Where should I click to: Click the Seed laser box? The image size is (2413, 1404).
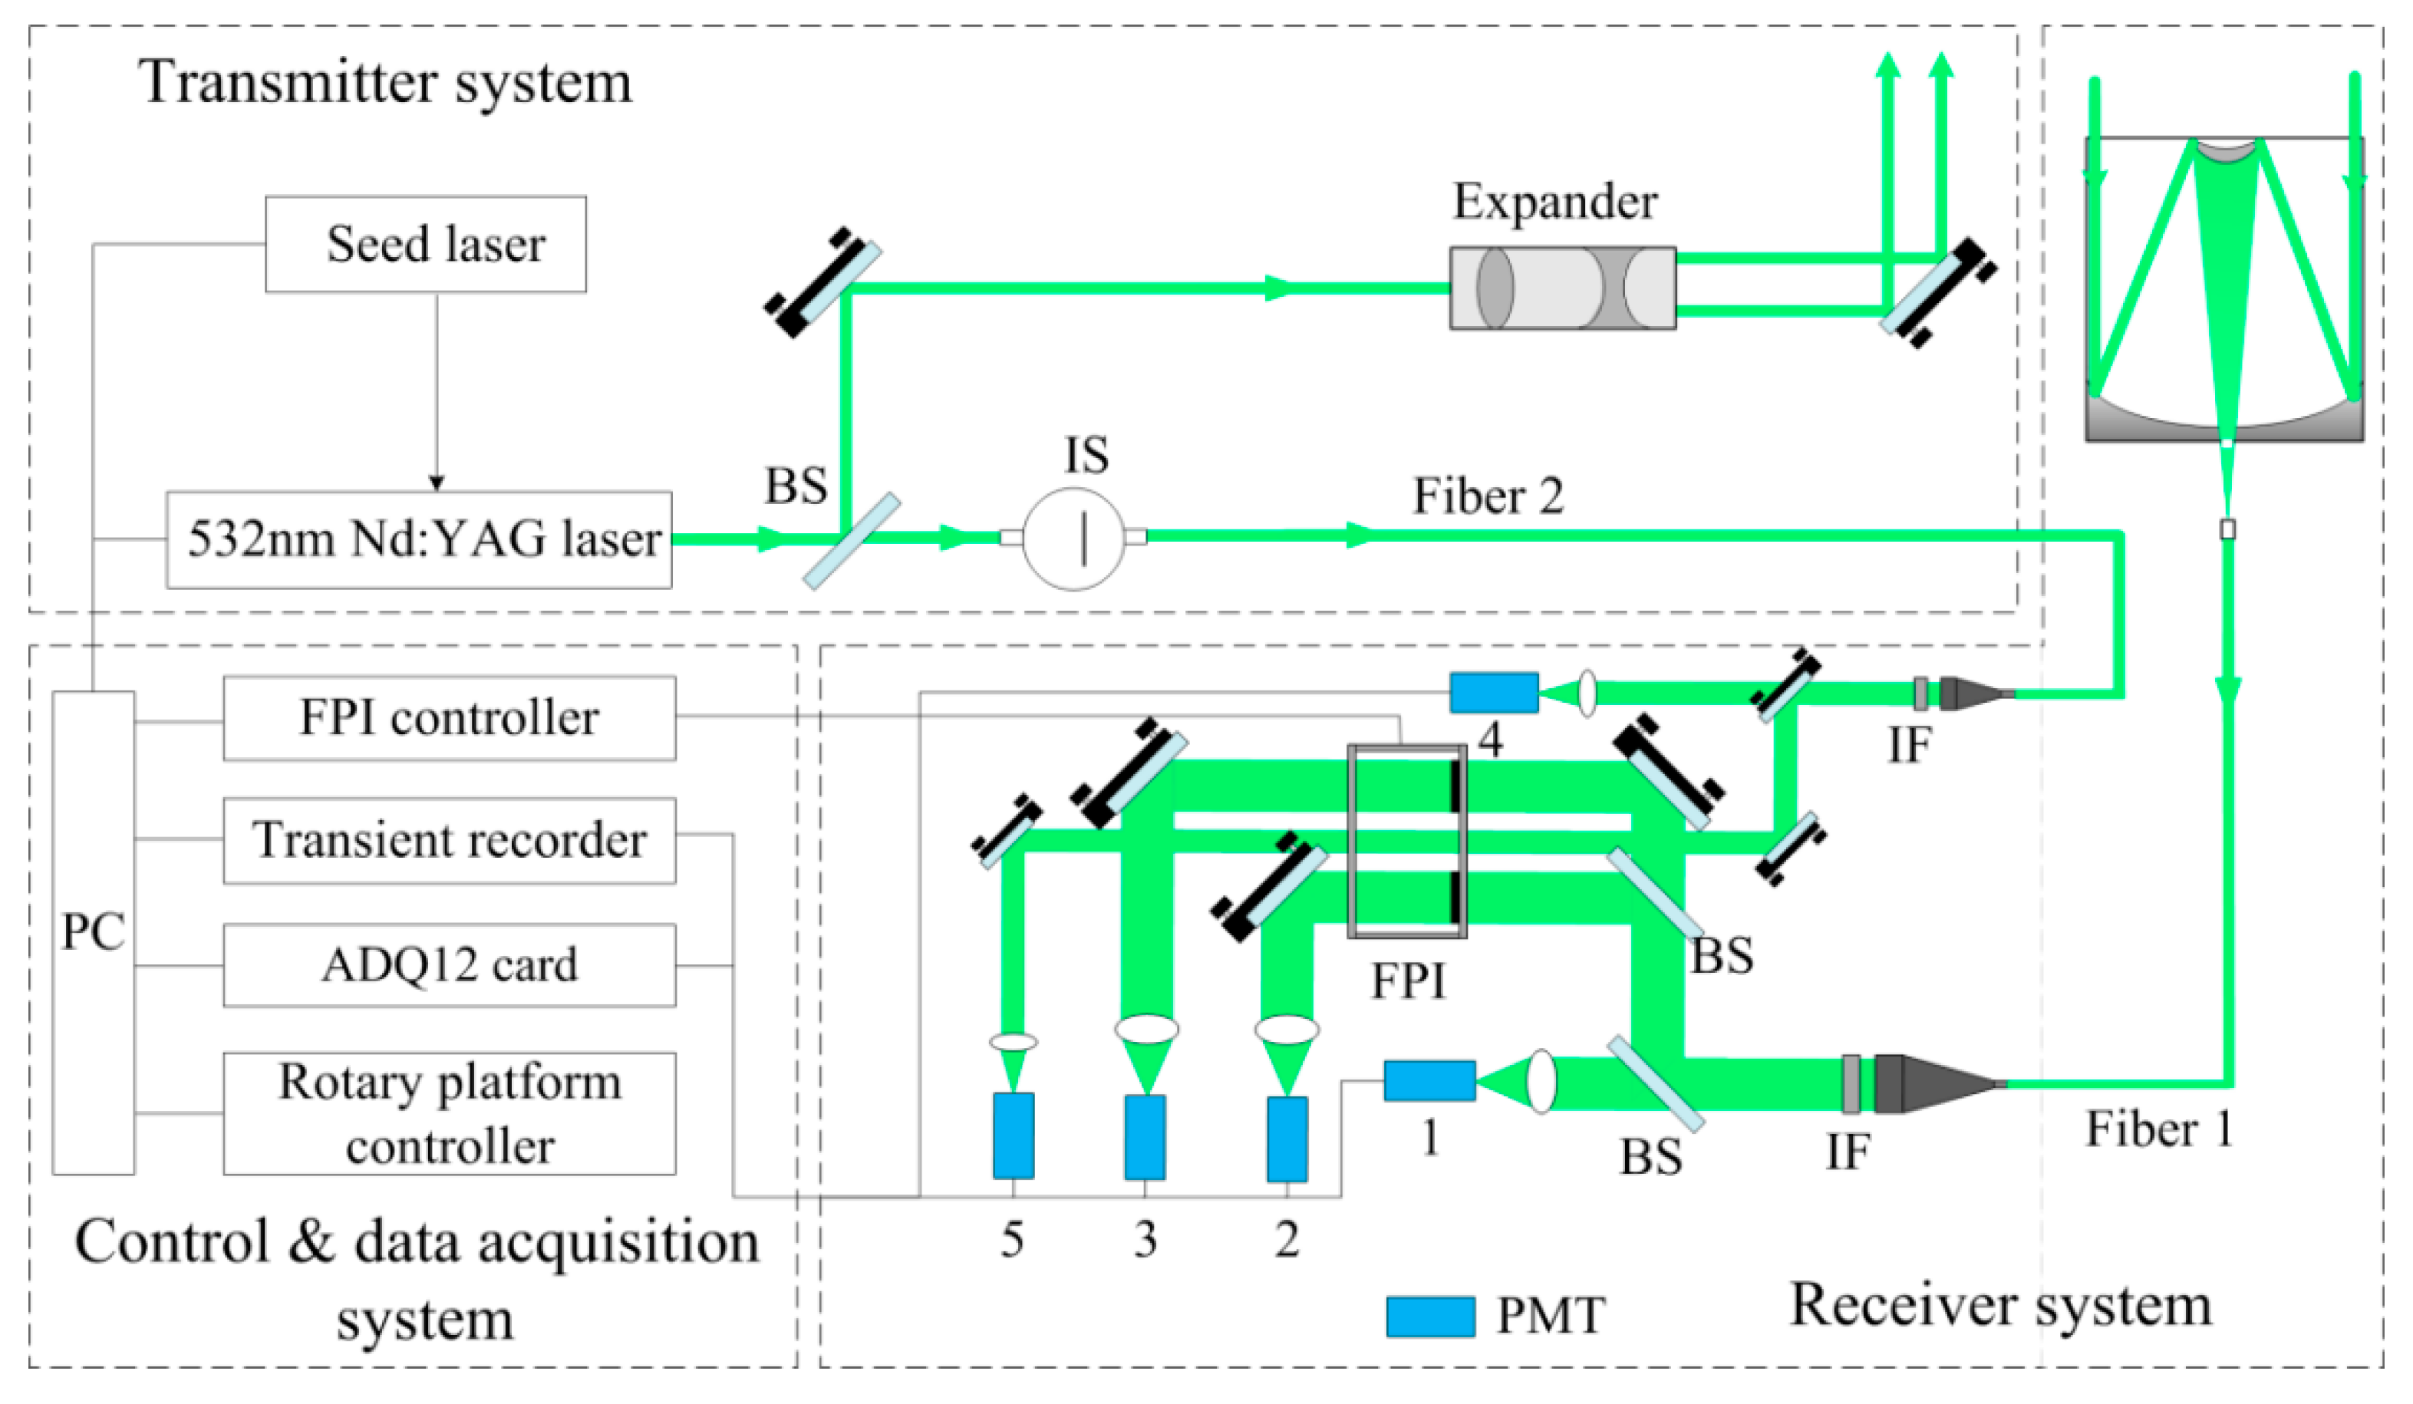pyautogui.click(x=425, y=244)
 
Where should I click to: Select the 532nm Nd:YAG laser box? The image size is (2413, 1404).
pyautogui.click(x=420, y=540)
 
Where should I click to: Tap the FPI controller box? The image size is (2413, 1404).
pyautogui.click(x=449, y=718)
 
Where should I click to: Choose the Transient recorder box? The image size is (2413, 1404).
pyautogui.click(x=449, y=840)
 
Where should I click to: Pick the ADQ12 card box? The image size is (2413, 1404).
pyautogui.click(x=449, y=965)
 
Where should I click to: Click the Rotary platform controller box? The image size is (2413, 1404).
pyautogui.click(x=449, y=1114)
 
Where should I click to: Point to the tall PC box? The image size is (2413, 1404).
pyautogui.click(x=93, y=933)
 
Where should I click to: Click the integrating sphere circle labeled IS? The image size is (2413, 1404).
pyautogui.click(x=1073, y=539)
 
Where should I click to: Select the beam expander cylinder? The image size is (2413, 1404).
pyautogui.click(x=1562, y=288)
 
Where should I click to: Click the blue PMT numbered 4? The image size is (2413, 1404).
pyautogui.click(x=1494, y=694)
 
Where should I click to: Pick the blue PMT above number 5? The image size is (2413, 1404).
pyautogui.click(x=1013, y=1135)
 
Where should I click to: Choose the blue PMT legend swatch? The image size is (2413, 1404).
pyautogui.click(x=1429, y=1317)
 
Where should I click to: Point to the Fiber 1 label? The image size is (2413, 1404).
pyautogui.click(x=2159, y=1129)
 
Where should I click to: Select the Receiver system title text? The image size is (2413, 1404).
pyautogui.click(x=2000, y=1304)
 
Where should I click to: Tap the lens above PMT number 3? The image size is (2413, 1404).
pyautogui.click(x=1146, y=1030)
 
